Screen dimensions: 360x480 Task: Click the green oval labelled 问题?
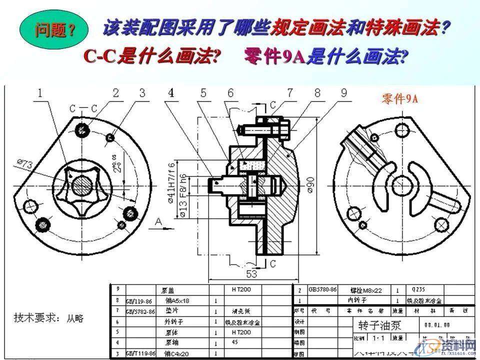[54, 30]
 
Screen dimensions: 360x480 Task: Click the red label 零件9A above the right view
[399, 99]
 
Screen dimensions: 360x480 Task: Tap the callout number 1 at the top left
[39, 92]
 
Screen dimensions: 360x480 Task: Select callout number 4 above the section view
[171, 92]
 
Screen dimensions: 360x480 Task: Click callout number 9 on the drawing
[344, 92]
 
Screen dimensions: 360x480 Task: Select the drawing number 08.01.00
[437, 325]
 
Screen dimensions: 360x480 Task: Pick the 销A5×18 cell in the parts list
[177, 301]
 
